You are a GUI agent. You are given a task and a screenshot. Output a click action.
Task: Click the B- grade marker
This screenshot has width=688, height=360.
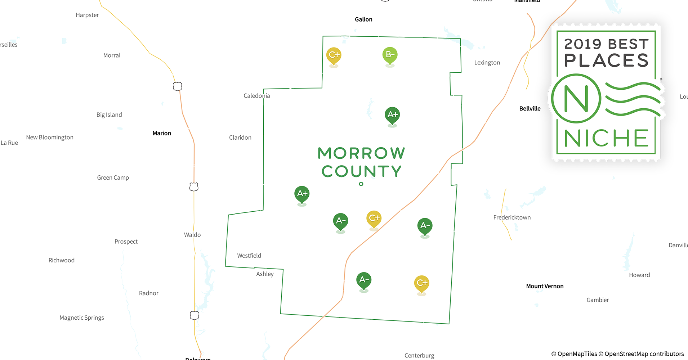(x=390, y=55)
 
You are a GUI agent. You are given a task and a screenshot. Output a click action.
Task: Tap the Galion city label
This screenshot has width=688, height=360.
(x=363, y=19)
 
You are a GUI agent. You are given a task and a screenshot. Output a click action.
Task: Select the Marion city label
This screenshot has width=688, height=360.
(x=162, y=133)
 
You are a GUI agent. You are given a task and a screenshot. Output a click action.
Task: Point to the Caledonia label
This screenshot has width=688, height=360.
(x=256, y=96)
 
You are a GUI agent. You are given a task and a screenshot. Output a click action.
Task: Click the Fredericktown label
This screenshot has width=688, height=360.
(x=512, y=217)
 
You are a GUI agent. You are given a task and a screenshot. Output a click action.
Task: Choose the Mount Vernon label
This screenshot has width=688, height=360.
(x=545, y=286)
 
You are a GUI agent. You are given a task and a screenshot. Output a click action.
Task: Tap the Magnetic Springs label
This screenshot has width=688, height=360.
(x=82, y=318)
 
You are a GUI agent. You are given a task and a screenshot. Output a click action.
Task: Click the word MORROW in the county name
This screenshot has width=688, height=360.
(x=361, y=153)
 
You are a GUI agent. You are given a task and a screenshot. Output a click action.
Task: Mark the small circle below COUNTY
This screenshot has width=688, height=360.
(x=361, y=184)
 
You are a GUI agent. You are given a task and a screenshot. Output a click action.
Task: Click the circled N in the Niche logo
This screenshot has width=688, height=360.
(x=576, y=98)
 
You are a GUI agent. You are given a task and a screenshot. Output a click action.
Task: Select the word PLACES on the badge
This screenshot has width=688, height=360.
(x=606, y=60)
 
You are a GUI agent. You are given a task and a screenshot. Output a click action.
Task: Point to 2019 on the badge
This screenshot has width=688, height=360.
(x=583, y=44)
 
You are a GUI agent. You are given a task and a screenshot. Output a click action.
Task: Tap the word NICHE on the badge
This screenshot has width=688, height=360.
(x=606, y=139)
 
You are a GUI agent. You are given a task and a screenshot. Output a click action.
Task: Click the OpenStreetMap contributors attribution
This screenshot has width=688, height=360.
(x=644, y=354)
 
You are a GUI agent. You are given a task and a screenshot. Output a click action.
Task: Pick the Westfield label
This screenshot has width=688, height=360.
(x=249, y=256)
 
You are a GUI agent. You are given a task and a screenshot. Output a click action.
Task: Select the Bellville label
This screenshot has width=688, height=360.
(x=530, y=109)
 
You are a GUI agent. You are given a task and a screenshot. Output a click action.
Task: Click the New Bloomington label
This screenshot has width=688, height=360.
(x=50, y=138)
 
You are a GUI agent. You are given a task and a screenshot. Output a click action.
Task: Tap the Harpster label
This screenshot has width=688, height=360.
(x=87, y=15)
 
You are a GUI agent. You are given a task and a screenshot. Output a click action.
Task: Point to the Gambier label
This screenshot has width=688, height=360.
(x=598, y=300)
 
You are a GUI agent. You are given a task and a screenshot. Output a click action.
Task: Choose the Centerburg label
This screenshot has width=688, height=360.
(x=419, y=355)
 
